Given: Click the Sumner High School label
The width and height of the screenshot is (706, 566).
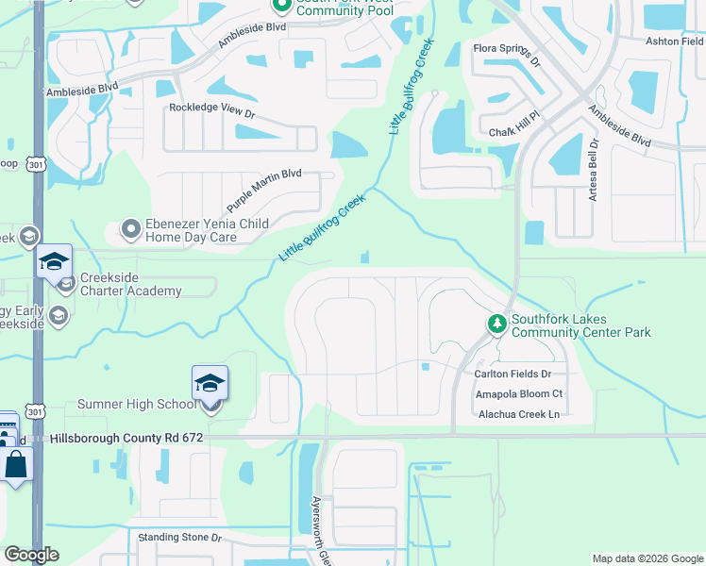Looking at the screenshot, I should coord(137,405).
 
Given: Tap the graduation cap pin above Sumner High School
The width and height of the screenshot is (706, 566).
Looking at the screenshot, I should coord(210,383).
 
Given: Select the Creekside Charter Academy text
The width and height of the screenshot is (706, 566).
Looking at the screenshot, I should coord(130,284).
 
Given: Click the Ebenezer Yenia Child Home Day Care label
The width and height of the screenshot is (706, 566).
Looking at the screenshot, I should coord(206,231).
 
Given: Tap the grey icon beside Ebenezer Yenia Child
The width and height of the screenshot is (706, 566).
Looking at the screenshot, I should coord(130,228).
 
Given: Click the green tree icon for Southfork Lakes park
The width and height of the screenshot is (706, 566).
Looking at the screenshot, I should coord(497,325).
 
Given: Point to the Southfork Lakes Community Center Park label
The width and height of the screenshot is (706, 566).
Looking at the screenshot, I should coord(580,326).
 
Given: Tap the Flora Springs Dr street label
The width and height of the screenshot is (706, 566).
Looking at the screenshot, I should coord(507,56).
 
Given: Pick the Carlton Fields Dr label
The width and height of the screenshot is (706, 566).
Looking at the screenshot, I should coord(518,374).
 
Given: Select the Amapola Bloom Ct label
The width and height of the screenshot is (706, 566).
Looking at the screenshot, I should coord(518,393).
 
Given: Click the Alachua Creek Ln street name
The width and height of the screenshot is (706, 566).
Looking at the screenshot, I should coord(518,414).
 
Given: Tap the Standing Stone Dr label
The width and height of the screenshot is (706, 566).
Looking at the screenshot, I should coord(179,538).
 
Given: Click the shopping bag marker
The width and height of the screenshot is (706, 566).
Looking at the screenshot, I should coord(17,465).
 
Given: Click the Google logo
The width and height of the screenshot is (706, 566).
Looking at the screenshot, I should coord(31,555).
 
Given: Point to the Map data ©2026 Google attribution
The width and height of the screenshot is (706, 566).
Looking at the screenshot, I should coord(647,558).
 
